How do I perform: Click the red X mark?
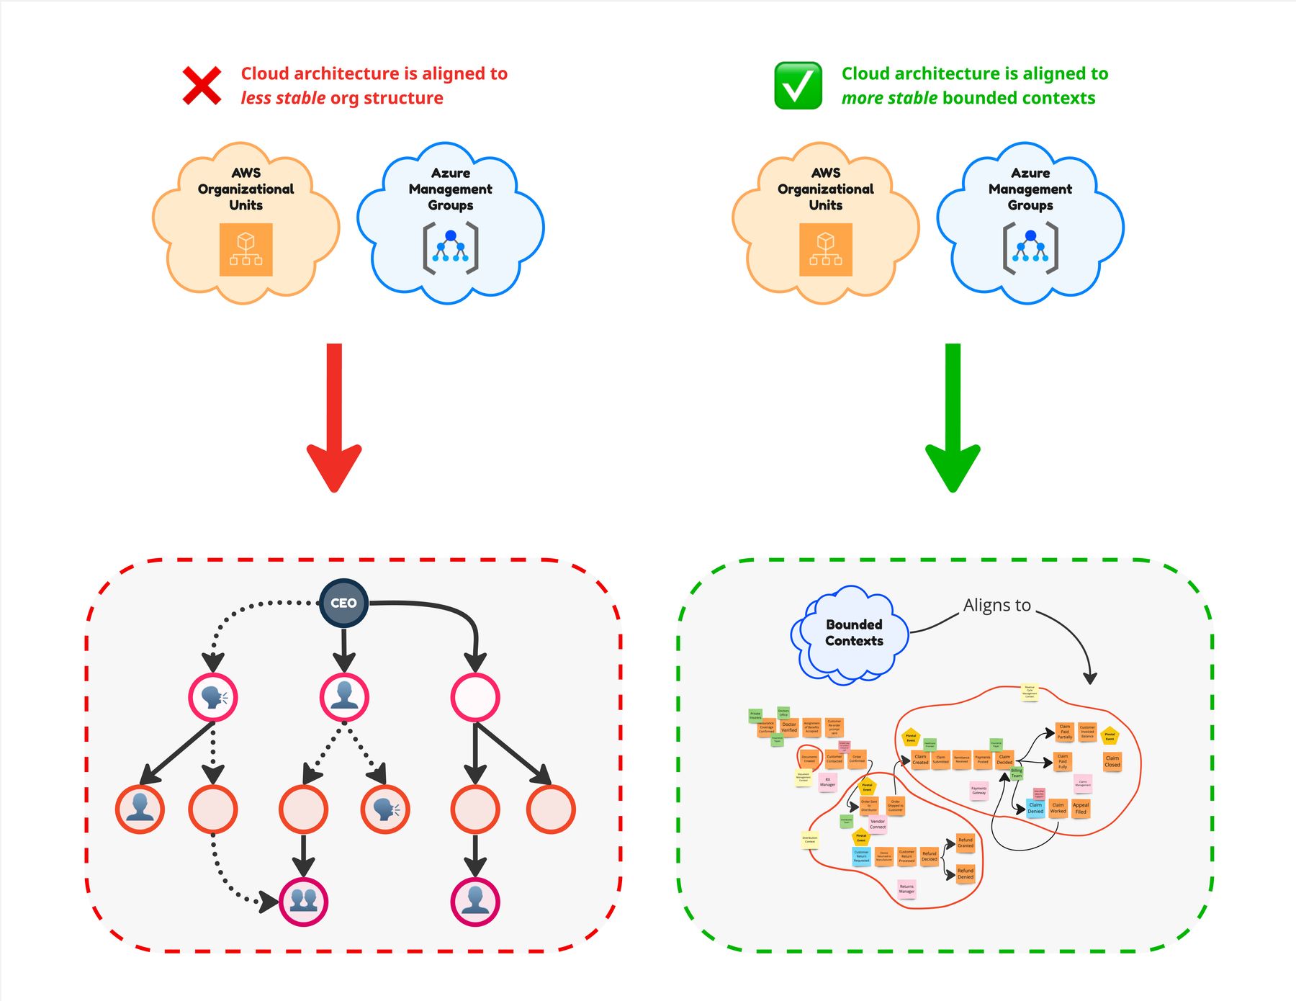[x=202, y=86]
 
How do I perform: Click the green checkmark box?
[x=798, y=86]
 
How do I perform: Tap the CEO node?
[x=343, y=603]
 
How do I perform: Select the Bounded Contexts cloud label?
[x=854, y=633]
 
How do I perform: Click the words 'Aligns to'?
[x=997, y=606]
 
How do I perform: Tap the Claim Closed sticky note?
[x=1112, y=761]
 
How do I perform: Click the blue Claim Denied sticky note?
[x=1035, y=808]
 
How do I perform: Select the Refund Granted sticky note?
[x=966, y=843]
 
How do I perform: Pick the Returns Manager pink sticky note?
[x=906, y=889]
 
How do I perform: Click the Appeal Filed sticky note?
[x=1081, y=808]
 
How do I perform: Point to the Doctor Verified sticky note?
[x=789, y=727]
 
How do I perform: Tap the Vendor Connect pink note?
[x=878, y=824]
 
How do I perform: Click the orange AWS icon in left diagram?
[x=246, y=250]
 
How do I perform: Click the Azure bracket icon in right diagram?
[x=1030, y=248]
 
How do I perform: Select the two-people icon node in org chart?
[x=303, y=902]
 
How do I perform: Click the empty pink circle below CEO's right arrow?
[x=475, y=697]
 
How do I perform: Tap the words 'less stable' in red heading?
[x=283, y=98]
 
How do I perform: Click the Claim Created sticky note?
[x=920, y=760]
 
